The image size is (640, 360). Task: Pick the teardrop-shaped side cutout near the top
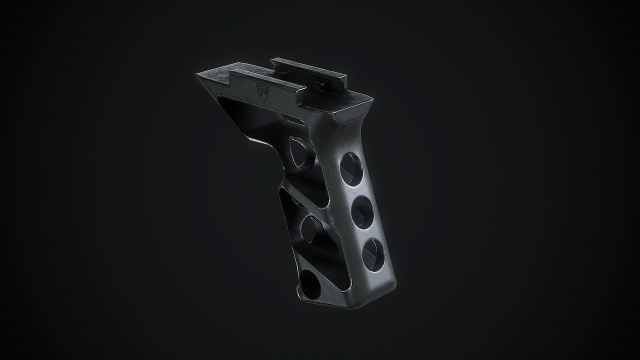[x=299, y=150]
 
